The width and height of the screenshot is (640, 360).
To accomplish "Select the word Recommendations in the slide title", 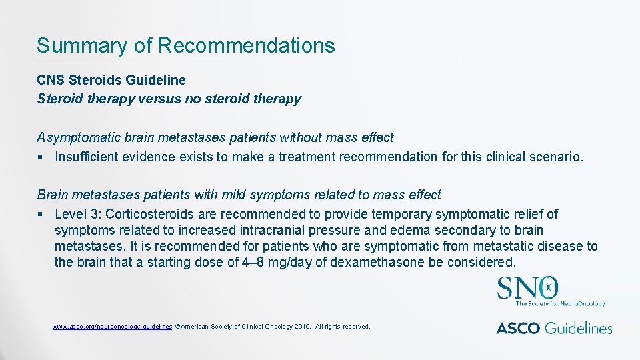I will click(246, 46).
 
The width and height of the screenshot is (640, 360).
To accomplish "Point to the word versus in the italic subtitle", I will click(157, 99).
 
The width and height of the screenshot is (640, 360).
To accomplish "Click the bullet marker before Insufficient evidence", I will click(41, 158).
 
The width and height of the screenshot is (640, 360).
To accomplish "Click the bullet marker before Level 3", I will click(41, 215).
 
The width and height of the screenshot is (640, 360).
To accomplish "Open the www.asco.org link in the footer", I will click(112, 327).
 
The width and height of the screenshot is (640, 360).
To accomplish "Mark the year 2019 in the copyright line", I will click(299, 327).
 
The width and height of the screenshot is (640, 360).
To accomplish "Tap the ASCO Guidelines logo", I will click(554, 327).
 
